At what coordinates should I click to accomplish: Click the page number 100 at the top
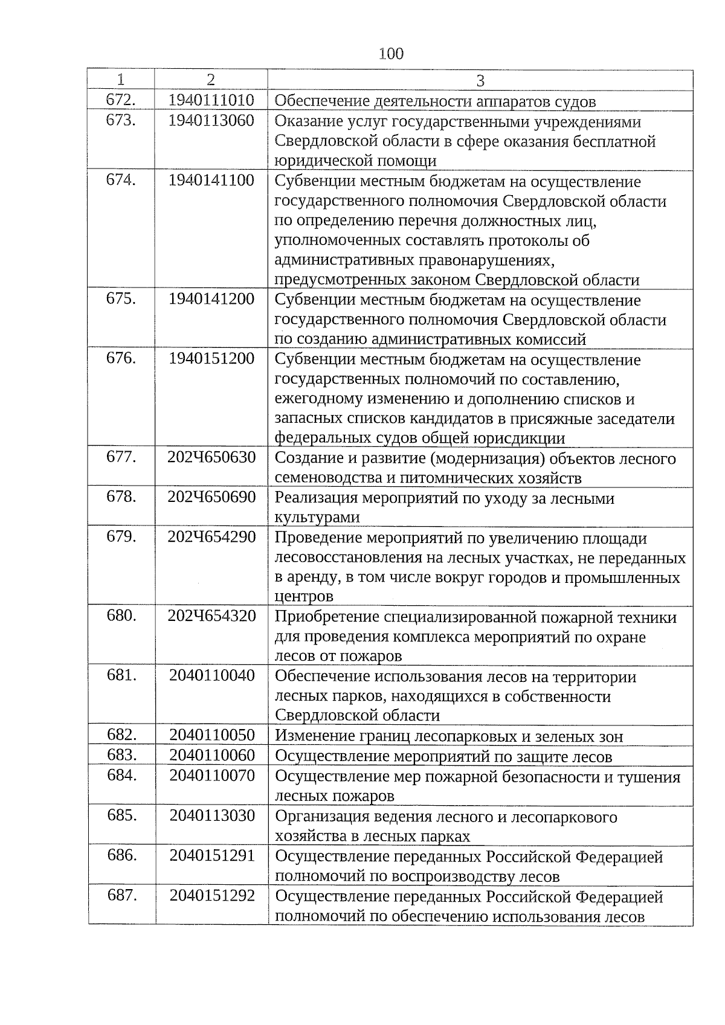391,54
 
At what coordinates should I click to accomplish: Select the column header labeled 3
480,80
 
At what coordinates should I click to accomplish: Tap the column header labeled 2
210,80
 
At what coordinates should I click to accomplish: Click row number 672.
121,100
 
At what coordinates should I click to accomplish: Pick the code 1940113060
211,121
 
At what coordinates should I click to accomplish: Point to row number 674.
121,180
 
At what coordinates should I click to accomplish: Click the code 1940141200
211,299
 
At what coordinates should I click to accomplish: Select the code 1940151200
211,358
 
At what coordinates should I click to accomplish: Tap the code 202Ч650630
211,457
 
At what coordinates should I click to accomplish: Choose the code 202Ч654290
211,537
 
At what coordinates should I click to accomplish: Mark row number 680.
121,615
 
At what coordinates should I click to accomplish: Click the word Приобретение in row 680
327,617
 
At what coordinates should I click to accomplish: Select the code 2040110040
212,675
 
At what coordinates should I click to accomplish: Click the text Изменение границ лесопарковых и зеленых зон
449,736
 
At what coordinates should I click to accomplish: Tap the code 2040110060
212,755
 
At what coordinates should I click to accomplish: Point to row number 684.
121,776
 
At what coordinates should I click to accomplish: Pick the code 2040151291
212,855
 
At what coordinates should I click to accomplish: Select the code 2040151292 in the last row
212,895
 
